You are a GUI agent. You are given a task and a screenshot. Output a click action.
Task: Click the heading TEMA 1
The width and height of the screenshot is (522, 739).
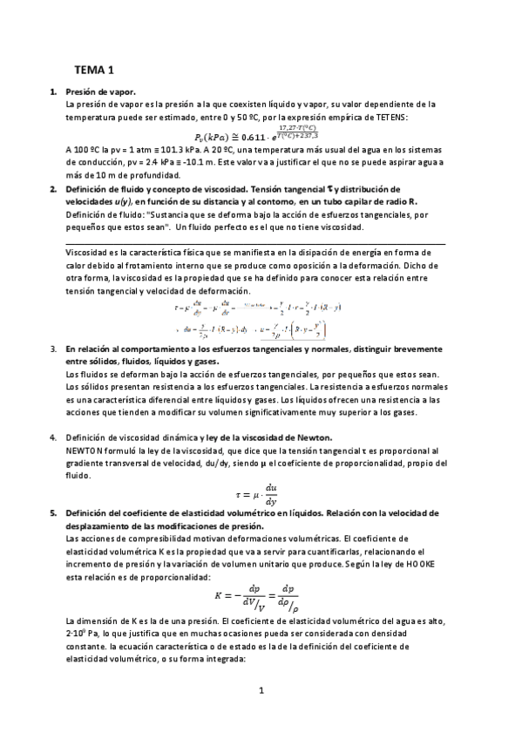93,69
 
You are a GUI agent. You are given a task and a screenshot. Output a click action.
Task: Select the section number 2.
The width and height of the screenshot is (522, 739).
54,188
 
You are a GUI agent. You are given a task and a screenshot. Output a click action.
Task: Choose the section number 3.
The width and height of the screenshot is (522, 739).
54,348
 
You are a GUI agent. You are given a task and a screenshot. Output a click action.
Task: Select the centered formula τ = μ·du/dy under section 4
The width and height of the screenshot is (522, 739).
259,494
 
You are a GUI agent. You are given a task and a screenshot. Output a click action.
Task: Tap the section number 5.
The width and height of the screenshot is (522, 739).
54,513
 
